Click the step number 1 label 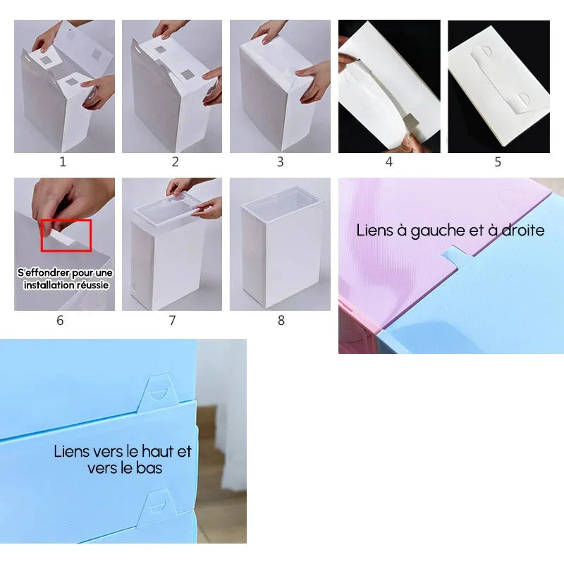(x=63, y=162)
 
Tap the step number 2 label (x=175, y=162)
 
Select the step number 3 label (x=280, y=162)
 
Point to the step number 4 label (x=389, y=162)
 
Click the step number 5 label (x=498, y=162)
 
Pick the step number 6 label (x=60, y=320)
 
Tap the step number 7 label (x=172, y=320)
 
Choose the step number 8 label (x=281, y=320)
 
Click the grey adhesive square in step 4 (x=410, y=122)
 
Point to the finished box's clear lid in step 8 (x=280, y=203)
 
